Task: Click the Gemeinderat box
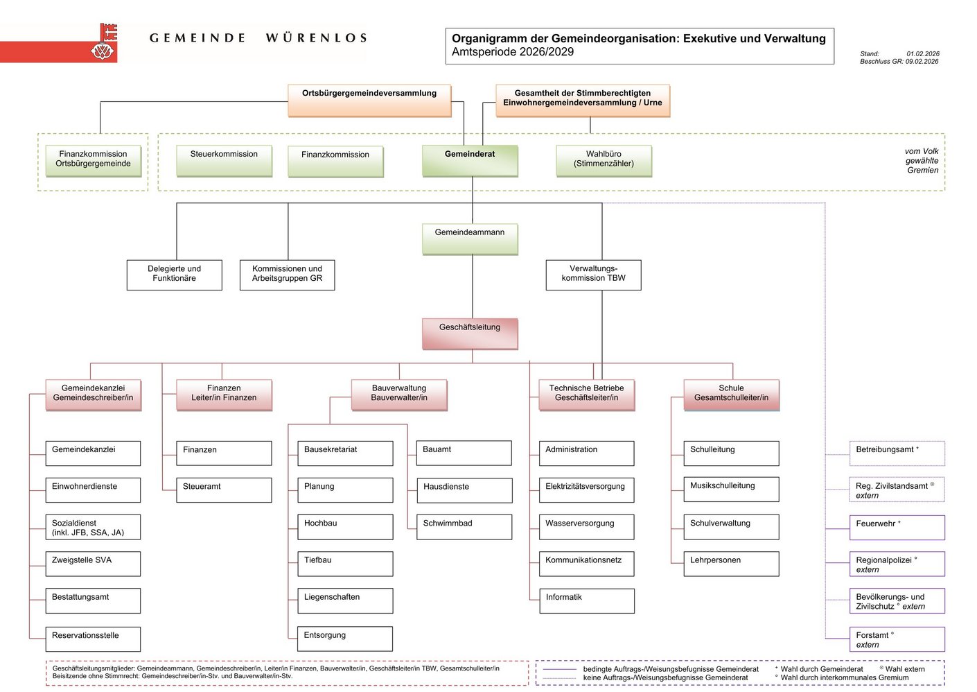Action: pyautogui.click(x=470, y=160)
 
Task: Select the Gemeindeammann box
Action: pyautogui.click(x=470, y=239)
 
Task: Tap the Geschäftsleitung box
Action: pyautogui.click(x=470, y=334)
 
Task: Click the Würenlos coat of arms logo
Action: pyautogui.click(x=105, y=43)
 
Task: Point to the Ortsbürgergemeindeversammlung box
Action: pyautogui.click(x=369, y=100)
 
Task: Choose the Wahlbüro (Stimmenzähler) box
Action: pyautogui.click(x=604, y=160)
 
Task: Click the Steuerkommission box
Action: pyautogui.click(x=224, y=160)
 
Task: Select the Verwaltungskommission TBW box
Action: pyautogui.click(x=593, y=275)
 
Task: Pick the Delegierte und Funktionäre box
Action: pyautogui.click(x=174, y=275)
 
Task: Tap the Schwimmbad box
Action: pyautogui.click(x=464, y=526)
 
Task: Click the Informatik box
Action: pyautogui.click(x=586, y=600)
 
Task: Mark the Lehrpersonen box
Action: pyautogui.click(x=731, y=563)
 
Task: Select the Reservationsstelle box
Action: pyautogui.click(x=93, y=638)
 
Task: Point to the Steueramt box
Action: pyautogui.click(x=224, y=490)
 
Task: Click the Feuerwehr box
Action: pyautogui.click(x=897, y=527)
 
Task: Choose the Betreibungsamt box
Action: pyautogui.click(x=897, y=453)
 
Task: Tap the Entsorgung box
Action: pyautogui.click(x=344, y=638)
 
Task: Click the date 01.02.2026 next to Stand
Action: pyautogui.click(x=923, y=53)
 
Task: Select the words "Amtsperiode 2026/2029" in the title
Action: pyautogui.click(x=513, y=52)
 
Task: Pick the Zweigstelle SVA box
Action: pyautogui.click(x=93, y=563)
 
